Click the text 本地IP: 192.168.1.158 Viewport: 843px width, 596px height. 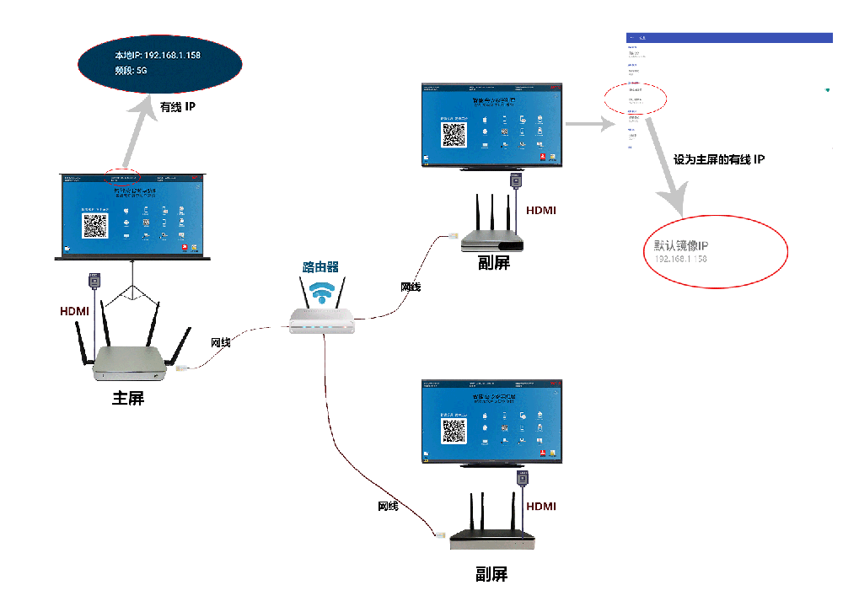click(158, 55)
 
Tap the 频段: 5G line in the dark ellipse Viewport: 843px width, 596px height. click(132, 72)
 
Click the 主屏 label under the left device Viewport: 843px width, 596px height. click(128, 397)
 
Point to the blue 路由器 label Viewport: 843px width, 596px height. click(320, 266)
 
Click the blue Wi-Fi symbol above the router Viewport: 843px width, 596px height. click(320, 292)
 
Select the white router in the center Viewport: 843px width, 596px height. click(321, 319)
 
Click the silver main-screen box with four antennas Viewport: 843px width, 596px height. click(132, 360)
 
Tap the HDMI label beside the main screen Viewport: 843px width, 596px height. click(74, 311)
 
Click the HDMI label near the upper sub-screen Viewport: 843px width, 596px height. click(541, 210)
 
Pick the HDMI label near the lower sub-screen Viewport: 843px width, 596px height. click(541, 506)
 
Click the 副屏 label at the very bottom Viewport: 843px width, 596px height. click(491, 575)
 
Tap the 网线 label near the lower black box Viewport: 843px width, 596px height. click(388, 506)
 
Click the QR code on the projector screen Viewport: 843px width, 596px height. click(94, 225)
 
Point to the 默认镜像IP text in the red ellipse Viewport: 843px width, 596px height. click(682, 245)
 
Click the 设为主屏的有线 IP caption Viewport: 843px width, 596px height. click(719, 158)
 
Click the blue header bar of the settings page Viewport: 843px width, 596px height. click(729, 38)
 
